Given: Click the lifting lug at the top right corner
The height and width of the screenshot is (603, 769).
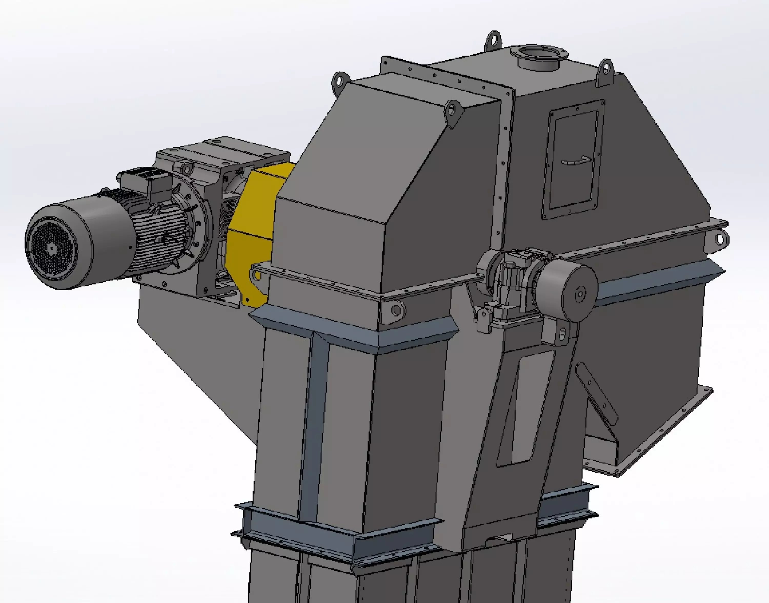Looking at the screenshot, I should tap(606, 71).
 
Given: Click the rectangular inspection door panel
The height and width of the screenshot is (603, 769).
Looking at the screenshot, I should tap(573, 159).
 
